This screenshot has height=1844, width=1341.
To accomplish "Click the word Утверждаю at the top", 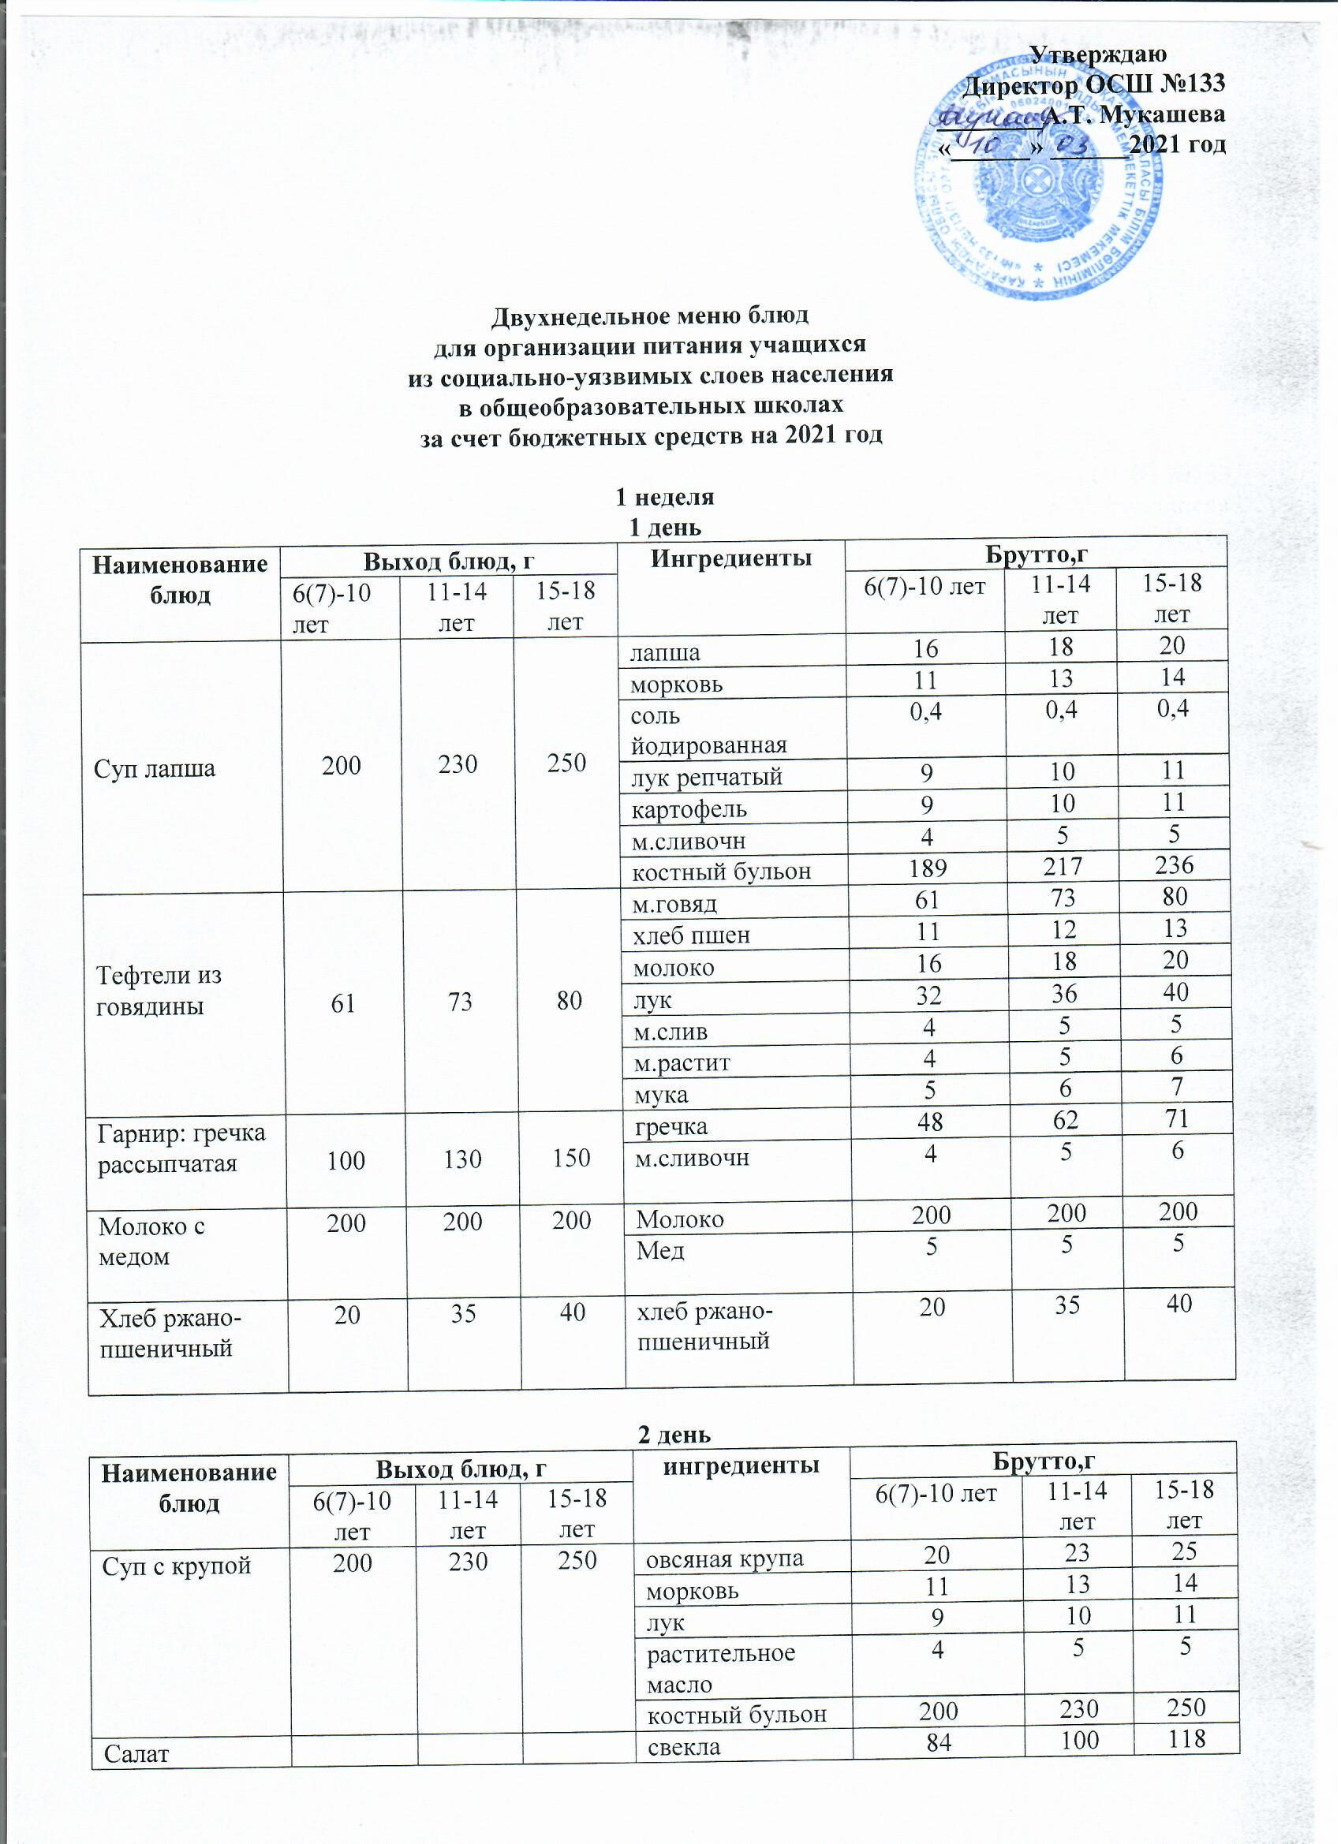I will point(1098,54).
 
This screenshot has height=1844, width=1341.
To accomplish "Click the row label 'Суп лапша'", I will point(155,768).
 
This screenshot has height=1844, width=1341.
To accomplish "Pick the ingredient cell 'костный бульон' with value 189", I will point(722,872).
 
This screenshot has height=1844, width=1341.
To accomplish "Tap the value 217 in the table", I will point(1063,866).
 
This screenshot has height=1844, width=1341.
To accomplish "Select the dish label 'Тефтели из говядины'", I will point(159,991).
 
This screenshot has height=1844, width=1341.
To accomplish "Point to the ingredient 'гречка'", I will point(671,1127).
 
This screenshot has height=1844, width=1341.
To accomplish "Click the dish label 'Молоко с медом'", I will point(151,1241).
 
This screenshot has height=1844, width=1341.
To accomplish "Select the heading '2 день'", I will point(674,1435).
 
